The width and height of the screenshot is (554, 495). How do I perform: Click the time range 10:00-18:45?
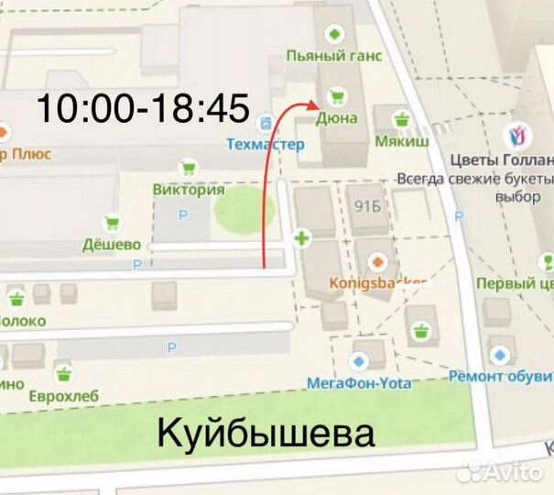click(142, 109)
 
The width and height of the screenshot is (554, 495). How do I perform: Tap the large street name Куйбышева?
click(266, 432)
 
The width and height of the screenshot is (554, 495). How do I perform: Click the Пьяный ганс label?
click(334, 56)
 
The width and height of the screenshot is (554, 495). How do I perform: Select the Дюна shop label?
click(338, 118)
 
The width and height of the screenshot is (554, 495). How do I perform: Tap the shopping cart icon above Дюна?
click(335, 96)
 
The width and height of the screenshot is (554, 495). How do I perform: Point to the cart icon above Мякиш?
click(400, 119)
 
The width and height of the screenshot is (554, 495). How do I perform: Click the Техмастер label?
click(265, 144)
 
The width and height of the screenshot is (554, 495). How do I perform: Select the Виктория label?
click(189, 190)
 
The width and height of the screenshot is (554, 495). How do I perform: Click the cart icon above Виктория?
click(189, 169)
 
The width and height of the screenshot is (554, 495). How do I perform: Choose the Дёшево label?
click(112, 245)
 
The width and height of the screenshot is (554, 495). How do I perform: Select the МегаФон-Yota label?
click(358, 382)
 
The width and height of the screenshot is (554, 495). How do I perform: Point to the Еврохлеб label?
click(63, 395)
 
